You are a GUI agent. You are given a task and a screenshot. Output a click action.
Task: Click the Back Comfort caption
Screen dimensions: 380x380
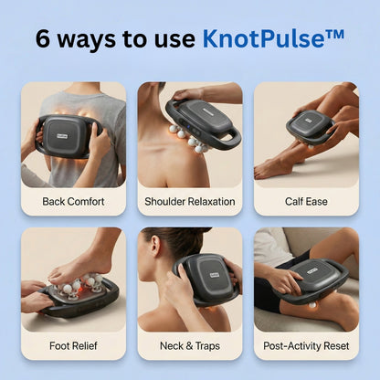coord(73,200)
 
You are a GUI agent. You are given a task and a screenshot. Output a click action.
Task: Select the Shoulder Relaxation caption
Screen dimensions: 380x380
coord(190,200)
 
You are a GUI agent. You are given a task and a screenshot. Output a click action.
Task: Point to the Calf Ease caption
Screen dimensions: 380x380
coord(306,200)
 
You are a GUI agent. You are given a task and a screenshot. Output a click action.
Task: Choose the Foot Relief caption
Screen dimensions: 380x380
coord(73,345)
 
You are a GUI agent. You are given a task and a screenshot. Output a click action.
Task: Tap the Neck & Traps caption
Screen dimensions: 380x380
coord(190,345)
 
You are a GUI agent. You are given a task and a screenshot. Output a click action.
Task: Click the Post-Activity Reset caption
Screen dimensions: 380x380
coord(306,345)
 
